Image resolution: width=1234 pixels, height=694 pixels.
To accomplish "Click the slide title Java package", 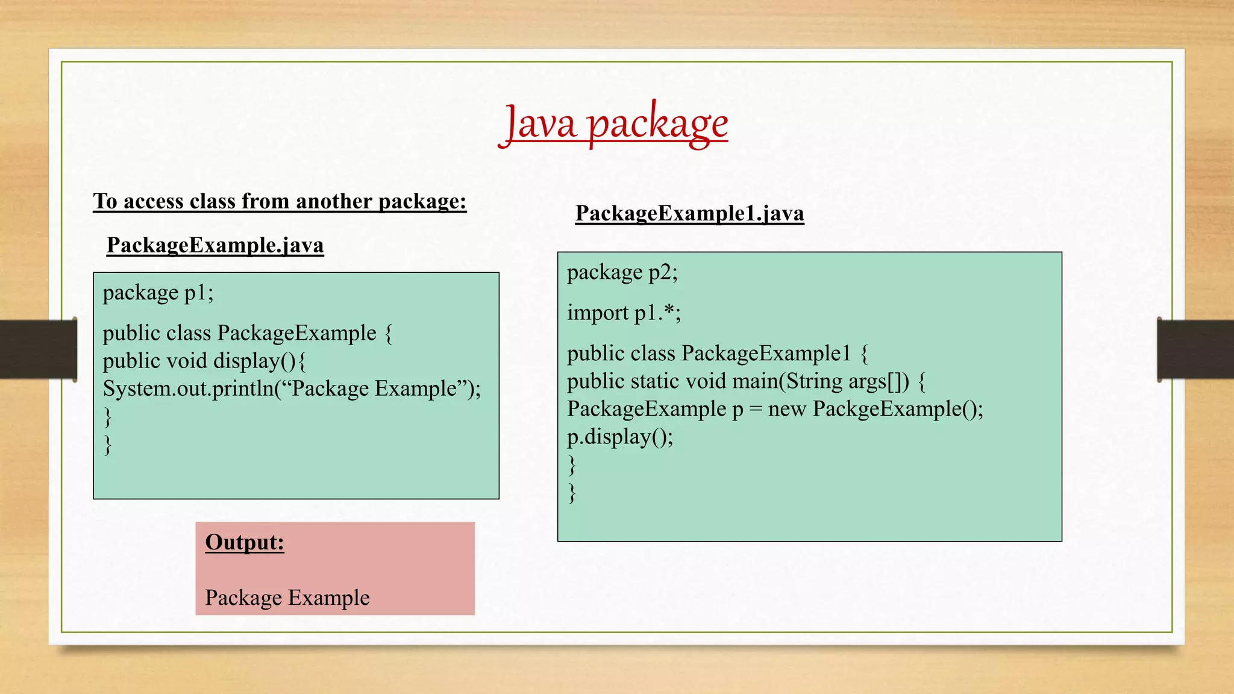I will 616,124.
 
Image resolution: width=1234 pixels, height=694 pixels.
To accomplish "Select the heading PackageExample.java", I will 215,245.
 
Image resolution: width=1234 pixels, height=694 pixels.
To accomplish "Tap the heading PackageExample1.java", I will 689,213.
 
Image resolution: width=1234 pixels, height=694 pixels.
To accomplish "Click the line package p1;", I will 158,293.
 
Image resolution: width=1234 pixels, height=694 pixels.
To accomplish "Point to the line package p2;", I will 622,272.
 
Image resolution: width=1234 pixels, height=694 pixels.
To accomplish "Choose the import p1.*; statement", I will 624,313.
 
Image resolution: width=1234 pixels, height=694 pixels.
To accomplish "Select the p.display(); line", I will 619,437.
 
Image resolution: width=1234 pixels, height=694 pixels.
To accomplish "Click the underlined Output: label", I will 245,542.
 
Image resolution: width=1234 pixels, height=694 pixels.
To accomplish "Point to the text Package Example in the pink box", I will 287,598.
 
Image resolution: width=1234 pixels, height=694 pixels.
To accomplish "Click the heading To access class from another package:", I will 280,201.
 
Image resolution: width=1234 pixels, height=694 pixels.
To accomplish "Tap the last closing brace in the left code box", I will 108,445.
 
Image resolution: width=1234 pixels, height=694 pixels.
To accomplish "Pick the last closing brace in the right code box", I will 572,493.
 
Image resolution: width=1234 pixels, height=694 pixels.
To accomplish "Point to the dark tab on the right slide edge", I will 1195,349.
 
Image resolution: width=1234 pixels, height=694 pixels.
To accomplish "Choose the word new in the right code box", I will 787,409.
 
